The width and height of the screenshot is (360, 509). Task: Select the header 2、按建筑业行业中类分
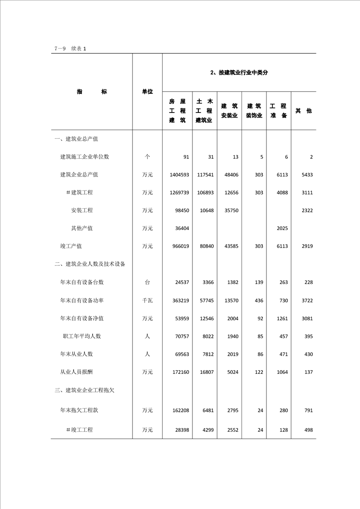pyautogui.click(x=239, y=73)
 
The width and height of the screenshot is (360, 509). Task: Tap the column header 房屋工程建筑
pyautogui.click(x=177, y=111)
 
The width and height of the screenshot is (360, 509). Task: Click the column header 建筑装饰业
pyautogui.click(x=254, y=111)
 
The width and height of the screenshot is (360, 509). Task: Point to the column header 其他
pyautogui.click(x=303, y=111)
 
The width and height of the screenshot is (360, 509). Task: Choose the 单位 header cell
pyautogui.click(x=147, y=92)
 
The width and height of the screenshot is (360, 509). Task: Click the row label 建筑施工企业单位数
pyautogui.click(x=84, y=157)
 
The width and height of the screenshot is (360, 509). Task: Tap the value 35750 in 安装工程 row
pyautogui.click(x=230, y=210)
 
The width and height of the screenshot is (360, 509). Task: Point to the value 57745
pyautogui.click(x=205, y=300)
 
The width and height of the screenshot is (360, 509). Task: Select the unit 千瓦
pyautogui.click(x=147, y=300)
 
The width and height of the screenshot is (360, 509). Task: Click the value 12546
pyautogui.click(x=205, y=318)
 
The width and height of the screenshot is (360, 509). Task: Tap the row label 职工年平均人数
pyautogui.click(x=82, y=336)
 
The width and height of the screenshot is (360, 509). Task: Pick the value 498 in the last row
pyautogui.click(x=307, y=430)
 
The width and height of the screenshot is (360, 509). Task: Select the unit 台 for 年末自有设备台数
pyautogui.click(x=147, y=282)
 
